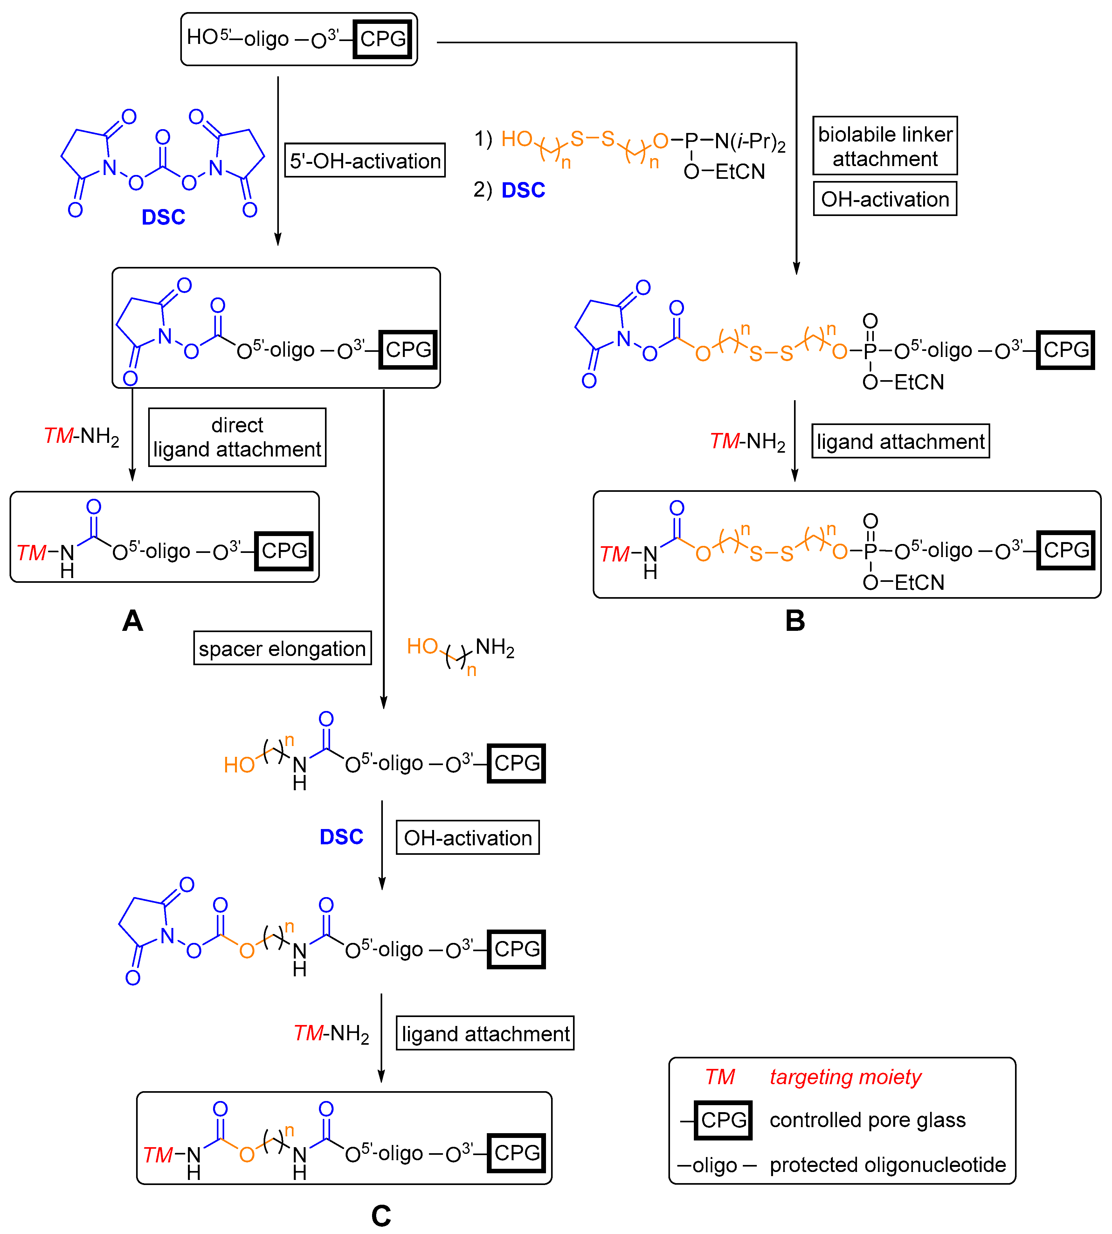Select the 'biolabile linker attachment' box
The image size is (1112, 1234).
coord(885,145)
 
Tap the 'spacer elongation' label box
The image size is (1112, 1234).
coord(282,648)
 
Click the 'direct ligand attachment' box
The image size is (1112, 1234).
coord(237,437)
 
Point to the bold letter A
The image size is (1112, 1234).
coord(133,621)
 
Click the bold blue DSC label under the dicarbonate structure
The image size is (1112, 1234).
coord(163,217)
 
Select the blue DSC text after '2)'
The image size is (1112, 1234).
coord(523,190)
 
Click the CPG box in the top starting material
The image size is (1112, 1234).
coord(383,39)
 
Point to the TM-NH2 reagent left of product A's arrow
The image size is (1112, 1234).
coord(81,436)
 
